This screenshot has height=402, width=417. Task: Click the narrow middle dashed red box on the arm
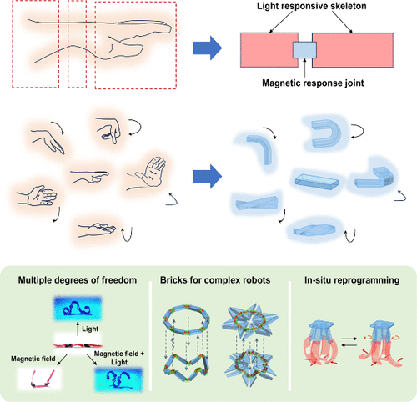77,43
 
